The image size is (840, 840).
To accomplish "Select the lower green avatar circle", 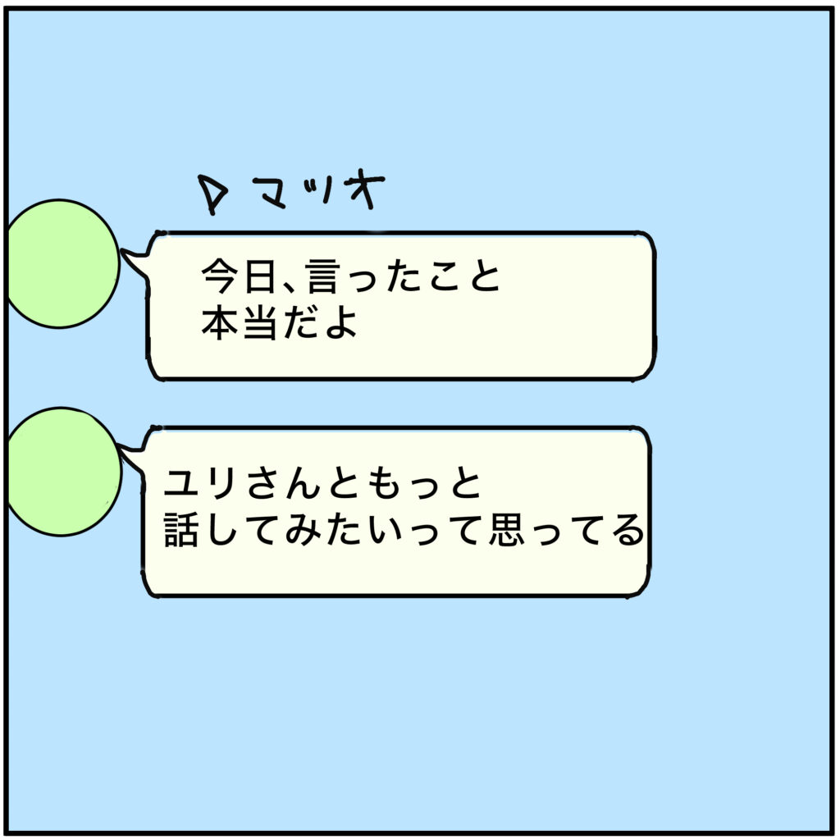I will pyautogui.click(x=61, y=472).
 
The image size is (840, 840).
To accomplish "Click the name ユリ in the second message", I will pyautogui.click(x=203, y=486).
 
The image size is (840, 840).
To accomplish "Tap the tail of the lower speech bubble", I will pyautogui.click(x=131, y=450).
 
